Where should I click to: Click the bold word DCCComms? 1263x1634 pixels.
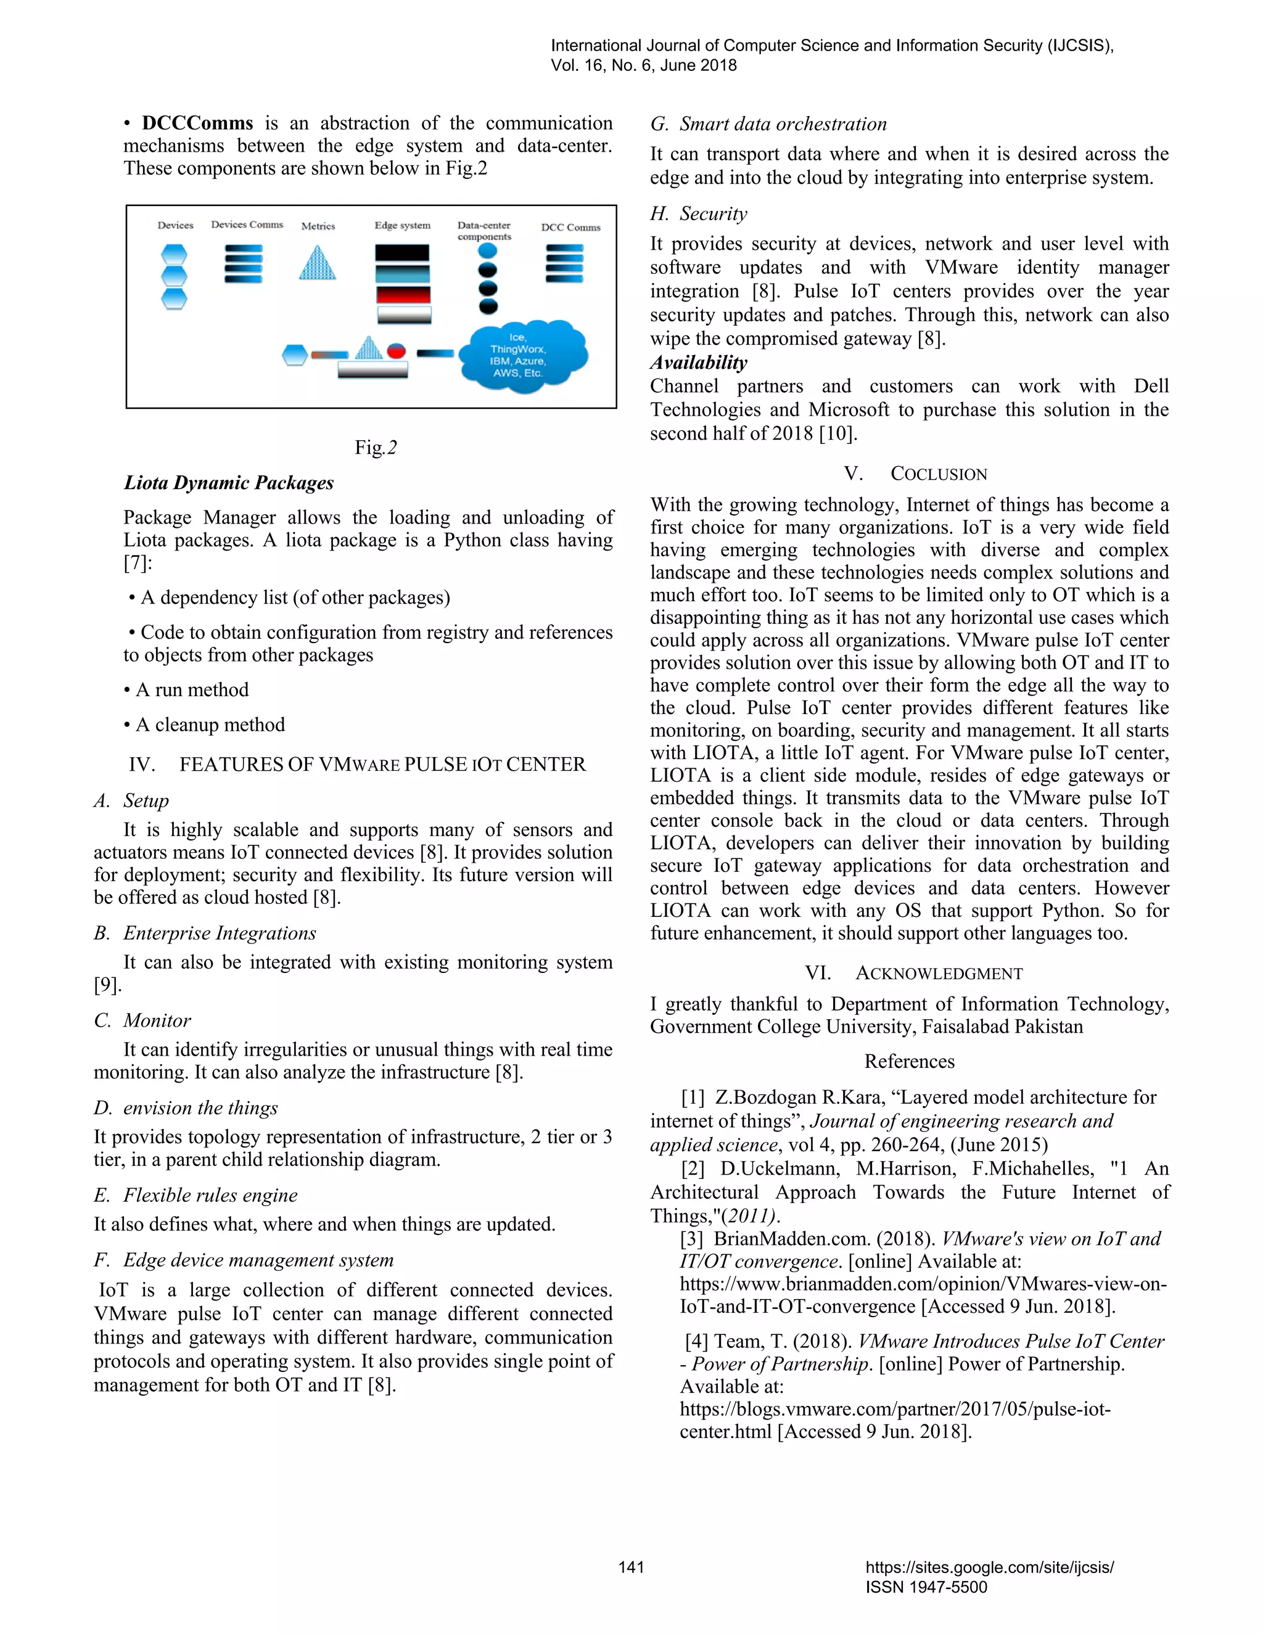197,123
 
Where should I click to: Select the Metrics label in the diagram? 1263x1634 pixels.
318,226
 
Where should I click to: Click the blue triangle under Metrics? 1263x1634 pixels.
317,263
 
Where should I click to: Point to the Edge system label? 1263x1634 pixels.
402,225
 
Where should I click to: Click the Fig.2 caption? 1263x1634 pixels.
376,448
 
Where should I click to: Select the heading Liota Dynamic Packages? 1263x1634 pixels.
229,483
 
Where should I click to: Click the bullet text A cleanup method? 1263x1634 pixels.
210,725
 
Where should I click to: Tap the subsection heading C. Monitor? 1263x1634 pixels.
142,1020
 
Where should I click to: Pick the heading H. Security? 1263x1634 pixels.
698,214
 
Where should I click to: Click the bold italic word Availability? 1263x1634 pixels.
698,363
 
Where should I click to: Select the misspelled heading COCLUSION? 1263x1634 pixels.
937,474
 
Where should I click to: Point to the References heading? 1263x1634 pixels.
909,1062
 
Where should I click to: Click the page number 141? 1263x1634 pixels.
631,1567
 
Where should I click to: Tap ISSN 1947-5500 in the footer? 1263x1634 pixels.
926,1587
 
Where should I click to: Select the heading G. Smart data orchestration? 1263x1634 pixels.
768,124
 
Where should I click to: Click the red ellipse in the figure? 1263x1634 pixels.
396,351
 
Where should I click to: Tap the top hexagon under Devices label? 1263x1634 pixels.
175,255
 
